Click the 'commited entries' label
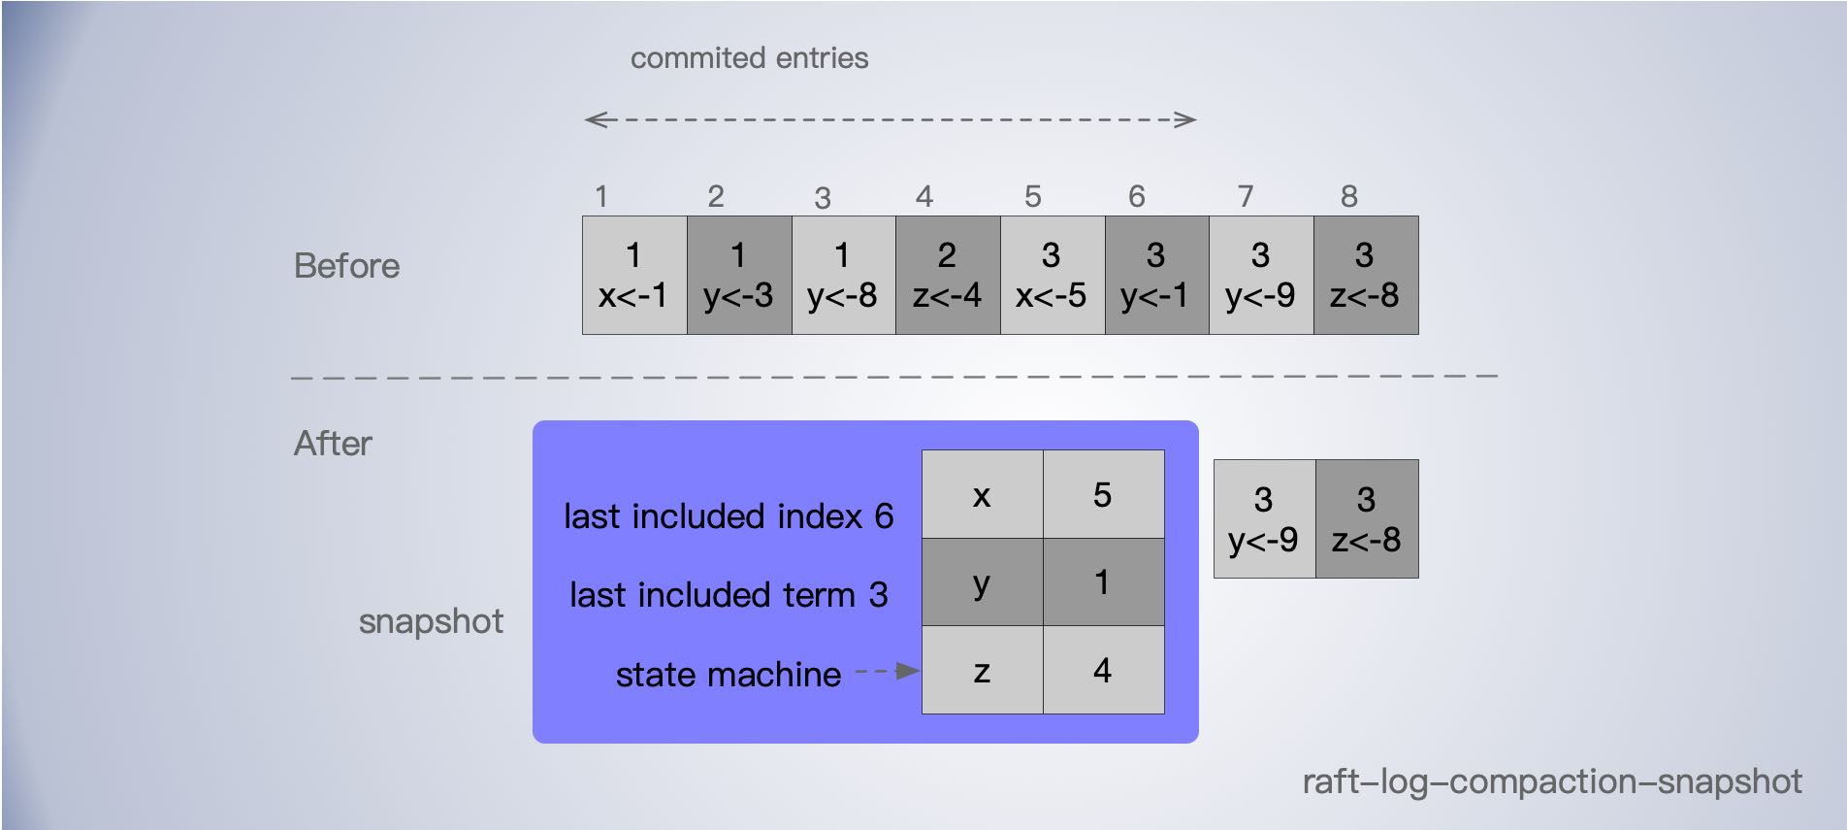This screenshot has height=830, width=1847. click(x=749, y=58)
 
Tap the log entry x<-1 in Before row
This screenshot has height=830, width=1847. click(x=634, y=276)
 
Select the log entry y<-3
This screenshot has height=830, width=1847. click(x=739, y=276)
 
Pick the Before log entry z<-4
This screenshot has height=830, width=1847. click(x=948, y=276)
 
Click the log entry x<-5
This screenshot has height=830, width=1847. click(x=1052, y=276)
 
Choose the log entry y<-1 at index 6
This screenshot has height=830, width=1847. click(x=1156, y=276)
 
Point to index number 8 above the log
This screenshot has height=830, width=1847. click(x=1348, y=197)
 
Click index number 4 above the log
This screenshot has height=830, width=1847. click(x=924, y=197)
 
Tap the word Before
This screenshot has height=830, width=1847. click(x=346, y=266)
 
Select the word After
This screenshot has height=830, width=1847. click(x=333, y=444)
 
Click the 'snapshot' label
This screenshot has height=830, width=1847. click(x=431, y=621)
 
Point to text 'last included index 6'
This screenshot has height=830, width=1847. click(x=729, y=516)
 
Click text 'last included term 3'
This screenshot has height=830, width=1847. click(x=729, y=595)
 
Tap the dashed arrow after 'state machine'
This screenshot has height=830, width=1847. click(x=887, y=671)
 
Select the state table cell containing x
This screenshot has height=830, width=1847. click(x=982, y=494)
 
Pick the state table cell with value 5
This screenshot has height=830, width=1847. click(x=1103, y=494)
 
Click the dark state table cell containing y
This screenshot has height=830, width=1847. click(x=982, y=582)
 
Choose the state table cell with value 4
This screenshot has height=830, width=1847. click(x=1103, y=670)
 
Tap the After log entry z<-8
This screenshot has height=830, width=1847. click(x=1366, y=519)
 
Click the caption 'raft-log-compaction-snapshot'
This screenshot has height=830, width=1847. click(x=1551, y=781)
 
